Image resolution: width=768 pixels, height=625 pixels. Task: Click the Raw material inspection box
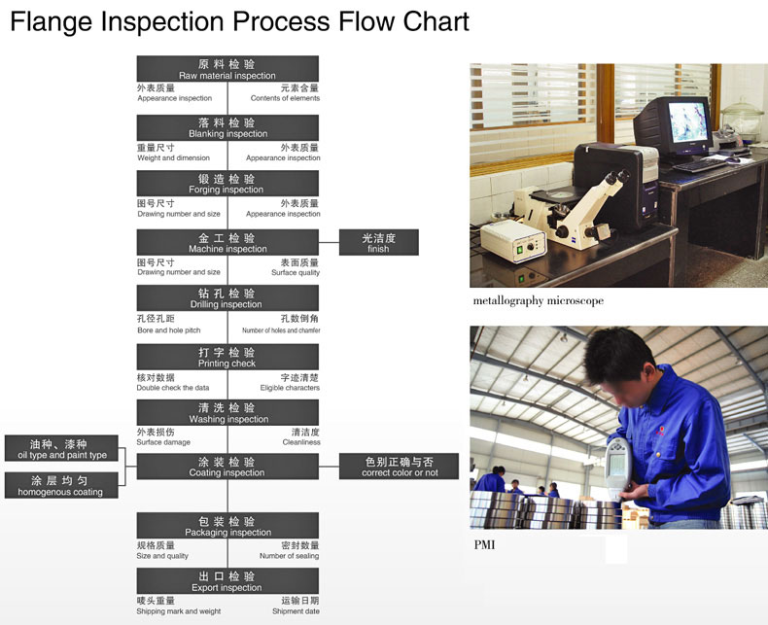(227, 69)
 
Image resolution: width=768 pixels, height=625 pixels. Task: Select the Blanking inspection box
(227, 128)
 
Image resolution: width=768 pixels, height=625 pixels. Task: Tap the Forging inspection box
(227, 183)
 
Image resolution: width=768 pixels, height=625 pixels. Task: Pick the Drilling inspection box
(227, 298)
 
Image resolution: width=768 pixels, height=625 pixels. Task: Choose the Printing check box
(227, 357)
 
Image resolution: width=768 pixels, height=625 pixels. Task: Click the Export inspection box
(227, 581)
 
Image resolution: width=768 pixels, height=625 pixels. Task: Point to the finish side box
(378, 242)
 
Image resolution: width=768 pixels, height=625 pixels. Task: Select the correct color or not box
(399, 467)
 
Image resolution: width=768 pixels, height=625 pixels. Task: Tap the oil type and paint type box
(61, 448)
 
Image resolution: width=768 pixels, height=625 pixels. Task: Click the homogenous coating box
(61, 485)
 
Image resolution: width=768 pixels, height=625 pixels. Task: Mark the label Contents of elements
(285, 98)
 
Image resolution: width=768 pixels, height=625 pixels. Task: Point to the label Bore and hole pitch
(169, 330)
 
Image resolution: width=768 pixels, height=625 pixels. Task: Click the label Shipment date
(296, 611)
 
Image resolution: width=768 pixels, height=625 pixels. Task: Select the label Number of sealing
(289, 556)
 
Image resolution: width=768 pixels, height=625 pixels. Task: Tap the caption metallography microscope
(539, 300)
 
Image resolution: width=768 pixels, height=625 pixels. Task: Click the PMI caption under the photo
(484, 544)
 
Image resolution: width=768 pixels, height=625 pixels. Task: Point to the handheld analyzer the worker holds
(618, 468)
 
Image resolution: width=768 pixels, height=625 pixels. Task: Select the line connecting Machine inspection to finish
(329, 242)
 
